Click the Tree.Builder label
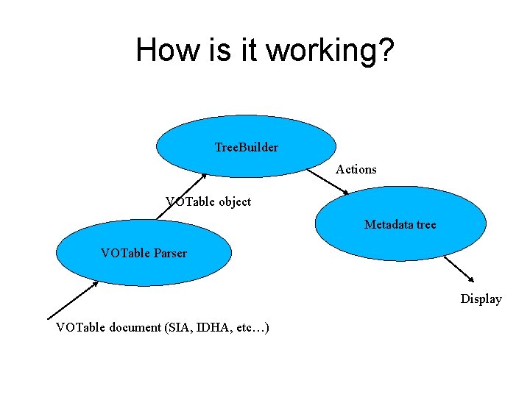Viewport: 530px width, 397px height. pos(246,147)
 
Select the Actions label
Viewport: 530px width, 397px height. pos(356,169)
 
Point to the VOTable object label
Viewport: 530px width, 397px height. pos(208,201)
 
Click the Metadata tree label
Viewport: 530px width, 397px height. pos(400,224)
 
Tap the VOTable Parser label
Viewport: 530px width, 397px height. pos(144,253)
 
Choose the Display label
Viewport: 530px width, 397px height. pos(481,298)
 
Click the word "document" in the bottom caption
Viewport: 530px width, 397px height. pos(135,327)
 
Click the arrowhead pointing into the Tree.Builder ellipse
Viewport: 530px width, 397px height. pos(205,176)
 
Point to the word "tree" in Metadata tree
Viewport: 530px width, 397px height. pos(426,224)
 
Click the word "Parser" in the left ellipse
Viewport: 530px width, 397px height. pos(170,253)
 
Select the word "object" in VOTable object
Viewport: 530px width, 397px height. pos(234,201)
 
